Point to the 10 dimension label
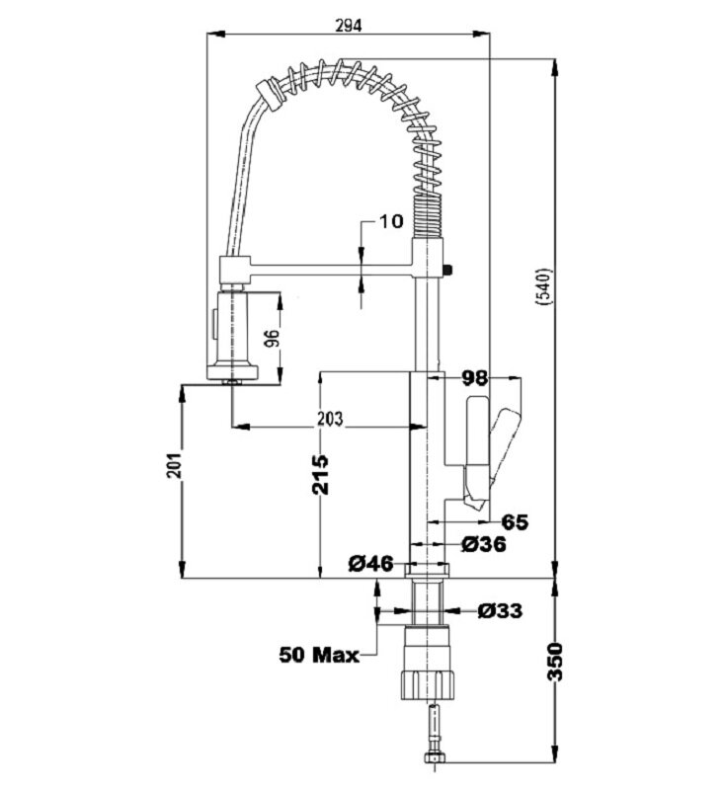coord(390,220)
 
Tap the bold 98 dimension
coord(476,377)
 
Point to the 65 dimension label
coord(516,520)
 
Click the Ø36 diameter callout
coord(483,543)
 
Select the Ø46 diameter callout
coord(371,564)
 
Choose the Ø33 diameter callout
coord(499,610)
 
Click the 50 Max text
coord(318,653)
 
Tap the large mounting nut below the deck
coord(429,681)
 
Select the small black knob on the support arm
coord(449,267)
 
